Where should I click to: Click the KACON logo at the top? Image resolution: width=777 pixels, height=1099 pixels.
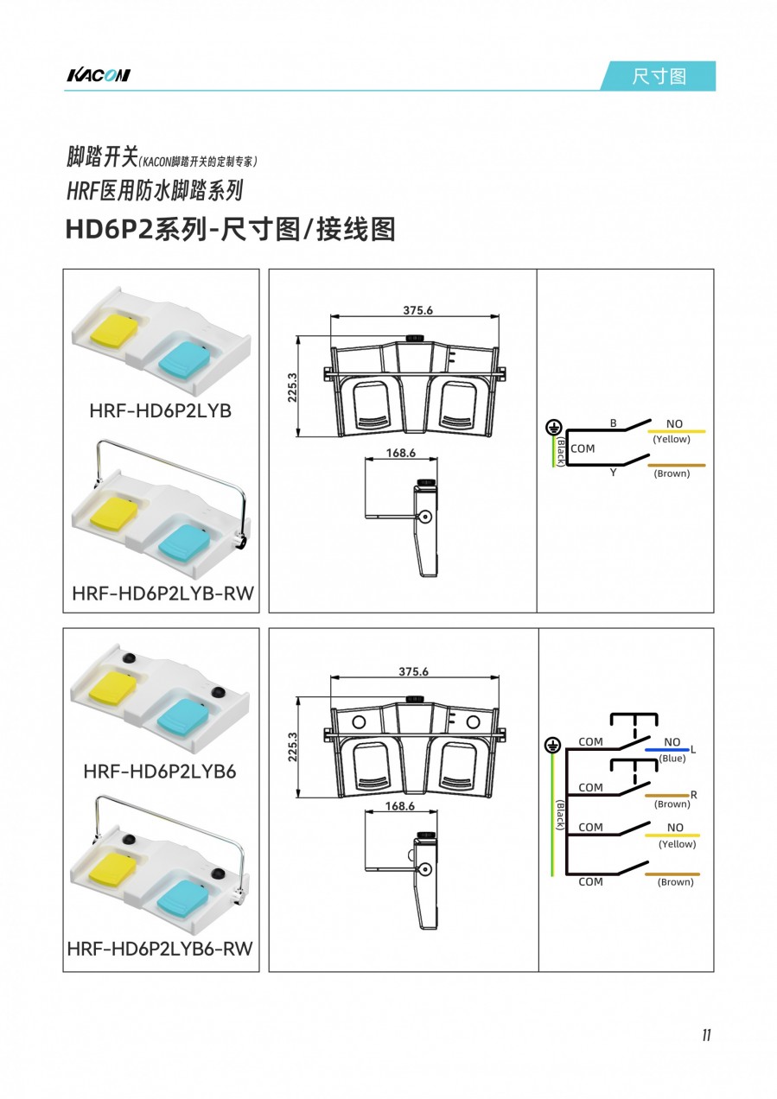pyautogui.click(x=99, y=75)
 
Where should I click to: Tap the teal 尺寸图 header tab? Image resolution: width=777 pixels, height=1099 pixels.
pyautogui.click(x=659, y=76)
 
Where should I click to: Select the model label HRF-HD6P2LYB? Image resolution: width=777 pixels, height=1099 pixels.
pyautogui.click(x=161, y=410)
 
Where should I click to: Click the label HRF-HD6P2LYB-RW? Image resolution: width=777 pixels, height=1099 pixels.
pyautogui.click(x=163, y=594)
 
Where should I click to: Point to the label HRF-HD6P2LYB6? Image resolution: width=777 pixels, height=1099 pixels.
pyautogui.click(x=160, y=772)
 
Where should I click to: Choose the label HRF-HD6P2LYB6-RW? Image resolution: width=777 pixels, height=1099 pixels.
pyautogui.click(x=160, y=949)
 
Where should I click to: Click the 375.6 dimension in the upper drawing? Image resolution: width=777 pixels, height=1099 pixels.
pyautogui.click(x=417, y=310)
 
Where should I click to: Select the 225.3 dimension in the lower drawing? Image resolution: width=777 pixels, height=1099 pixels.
pyautogui.click(x=292, y=746)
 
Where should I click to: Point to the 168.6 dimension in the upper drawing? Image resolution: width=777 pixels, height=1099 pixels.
pyautogui.click(x=400, y=453)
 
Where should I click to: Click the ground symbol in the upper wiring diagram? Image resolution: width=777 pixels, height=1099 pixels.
pyautogui.click(x=554, y=428)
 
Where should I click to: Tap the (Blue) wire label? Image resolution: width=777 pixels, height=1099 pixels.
pyautogui.click(x=672, y=758)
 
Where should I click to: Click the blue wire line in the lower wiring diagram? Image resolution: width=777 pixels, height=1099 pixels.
pyautogui.click(x=667, y=750)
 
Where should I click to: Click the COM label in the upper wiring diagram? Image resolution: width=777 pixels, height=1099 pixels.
pyautogui.click(x=583, y=448)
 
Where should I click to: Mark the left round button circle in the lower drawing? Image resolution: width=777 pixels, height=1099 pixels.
pyautogui.click(x=359, y=722)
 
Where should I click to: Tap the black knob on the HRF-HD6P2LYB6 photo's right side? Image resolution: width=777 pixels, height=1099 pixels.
pyautogui.click(x=219, y=692)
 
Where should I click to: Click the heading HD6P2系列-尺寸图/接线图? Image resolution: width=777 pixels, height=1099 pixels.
pyautogui.click(x=230, y=229)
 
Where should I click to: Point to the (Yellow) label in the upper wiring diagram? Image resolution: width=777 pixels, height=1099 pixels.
pyautogui.click(x=671, y=439)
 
